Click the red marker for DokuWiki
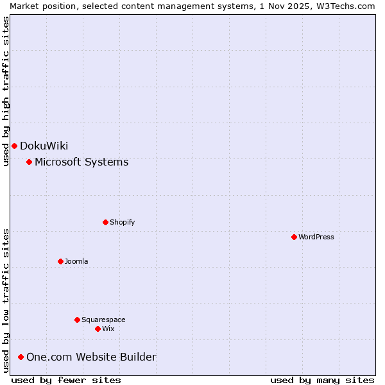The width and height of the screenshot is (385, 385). pyautogui.click(x=14, y=146)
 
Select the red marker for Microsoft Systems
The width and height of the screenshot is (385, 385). pyautogui.click(x=29, y=162)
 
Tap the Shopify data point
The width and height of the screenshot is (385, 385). pyautogui.click(x=105, y=222)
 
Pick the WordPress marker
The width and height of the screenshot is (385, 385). pyautogui.click(x=294, y=237)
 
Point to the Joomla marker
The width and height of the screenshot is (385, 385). pyautogui.click(x=60, y=261)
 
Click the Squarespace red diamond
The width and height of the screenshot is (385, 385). pyautogui.click(x=77, y=320)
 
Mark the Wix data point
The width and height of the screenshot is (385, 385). pyautogui.click(x=98, y=329)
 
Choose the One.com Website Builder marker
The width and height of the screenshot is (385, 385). pyautogui.click(x=21, y=357)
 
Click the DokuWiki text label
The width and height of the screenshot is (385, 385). pyautogui.click(x=44, y=146)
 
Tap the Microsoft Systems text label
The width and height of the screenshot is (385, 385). pyautogui.click(x=81, y=162)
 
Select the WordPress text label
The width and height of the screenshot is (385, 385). pyautogui.click(x=316, y=237)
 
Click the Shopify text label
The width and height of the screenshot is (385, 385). pyautogui.click(x=122, y=222)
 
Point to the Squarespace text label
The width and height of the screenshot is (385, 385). pyautogui.click(x=103, y=320)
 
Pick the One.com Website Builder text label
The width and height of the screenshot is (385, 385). pyautogui.click(x=91, y=357)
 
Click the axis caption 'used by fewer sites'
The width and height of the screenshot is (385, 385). pyautogui.click(x=66, y=380)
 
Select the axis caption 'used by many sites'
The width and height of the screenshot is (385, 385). pyautogui.click(x=322, y=380)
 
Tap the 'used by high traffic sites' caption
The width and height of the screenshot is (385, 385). pyautogui.click(x=6, y=91)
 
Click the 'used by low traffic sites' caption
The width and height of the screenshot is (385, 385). pyautogui.click(x=6, y=300)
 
